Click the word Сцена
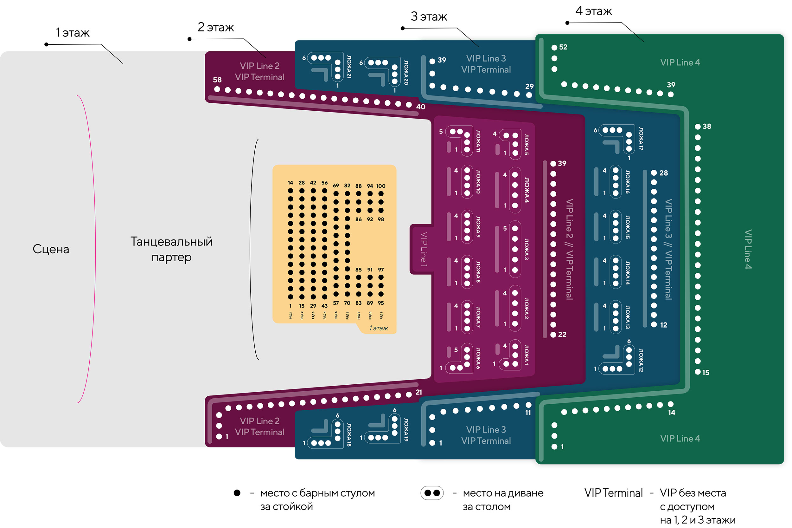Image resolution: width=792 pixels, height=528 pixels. point(51,249)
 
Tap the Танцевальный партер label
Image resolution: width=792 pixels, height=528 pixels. point(171,249)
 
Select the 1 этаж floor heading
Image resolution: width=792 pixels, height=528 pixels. point(72,33)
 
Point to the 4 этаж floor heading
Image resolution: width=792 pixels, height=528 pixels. point(593,11)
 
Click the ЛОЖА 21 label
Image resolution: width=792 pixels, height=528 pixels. point(349,67)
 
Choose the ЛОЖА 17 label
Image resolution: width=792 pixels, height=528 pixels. point(641,138)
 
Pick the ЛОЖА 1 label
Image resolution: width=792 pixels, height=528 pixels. point(526,355)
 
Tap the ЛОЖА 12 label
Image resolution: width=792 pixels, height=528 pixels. point(641,360)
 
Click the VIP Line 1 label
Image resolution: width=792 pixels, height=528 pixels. point(424,250)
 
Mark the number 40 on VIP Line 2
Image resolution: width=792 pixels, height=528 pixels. point(421,107)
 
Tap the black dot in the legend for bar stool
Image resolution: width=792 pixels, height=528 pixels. point(237,493)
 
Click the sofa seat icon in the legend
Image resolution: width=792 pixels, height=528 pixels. point(432,493)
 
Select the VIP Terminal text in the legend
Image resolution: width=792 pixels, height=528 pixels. point(613,493)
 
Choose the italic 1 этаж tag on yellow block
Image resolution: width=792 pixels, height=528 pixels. point(378,328)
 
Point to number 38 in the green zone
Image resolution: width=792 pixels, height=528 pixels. point(707,126)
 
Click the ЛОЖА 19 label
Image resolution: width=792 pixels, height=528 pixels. point(406,430)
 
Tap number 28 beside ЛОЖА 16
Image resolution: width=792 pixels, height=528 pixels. point(663,173)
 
